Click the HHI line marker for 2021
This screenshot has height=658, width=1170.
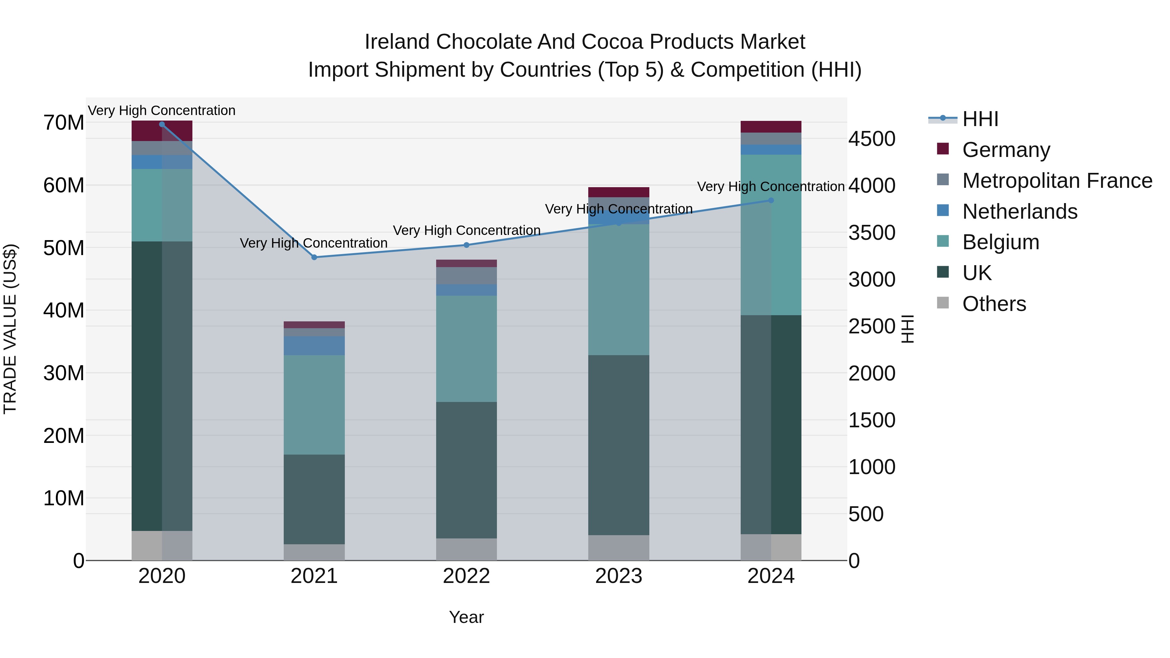pyautogui.click(x=314, y=257)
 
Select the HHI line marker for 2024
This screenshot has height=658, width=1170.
pyautogui.click(x=771, y=200)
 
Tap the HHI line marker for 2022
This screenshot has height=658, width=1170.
pyautogui.click(x=466, y=245)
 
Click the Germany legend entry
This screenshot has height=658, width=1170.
pyautogui.click(x=1006, y=150)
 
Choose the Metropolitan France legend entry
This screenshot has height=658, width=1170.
pyautogui.click(x=1057, y=181)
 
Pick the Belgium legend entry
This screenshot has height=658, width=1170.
pyautogui.click(x=1000, y=242)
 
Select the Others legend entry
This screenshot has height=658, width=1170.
pyautogui.click(x=994, y=304)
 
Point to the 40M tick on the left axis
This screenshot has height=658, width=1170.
pyautogui.click(x=64, y=311)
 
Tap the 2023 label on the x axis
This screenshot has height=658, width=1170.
pyautogui.click(x=618, y=576)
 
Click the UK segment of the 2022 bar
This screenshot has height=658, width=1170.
pyautogui.click(x=466, y=470)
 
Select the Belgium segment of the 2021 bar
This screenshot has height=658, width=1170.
pyautogui.click(x=314, y=404)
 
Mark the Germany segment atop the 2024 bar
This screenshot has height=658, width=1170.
pyautogui.click(x=771, y=126)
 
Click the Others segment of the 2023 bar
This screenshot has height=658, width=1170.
pyautogui.click(x=618, y=548)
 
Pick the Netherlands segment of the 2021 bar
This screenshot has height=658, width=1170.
pyautogui.click(x=314, y=345)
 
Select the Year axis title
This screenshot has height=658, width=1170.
pyautogui.click(x=466, y=617)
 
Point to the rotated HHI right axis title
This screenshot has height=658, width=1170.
pyautogui.click(x=907, y=329)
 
